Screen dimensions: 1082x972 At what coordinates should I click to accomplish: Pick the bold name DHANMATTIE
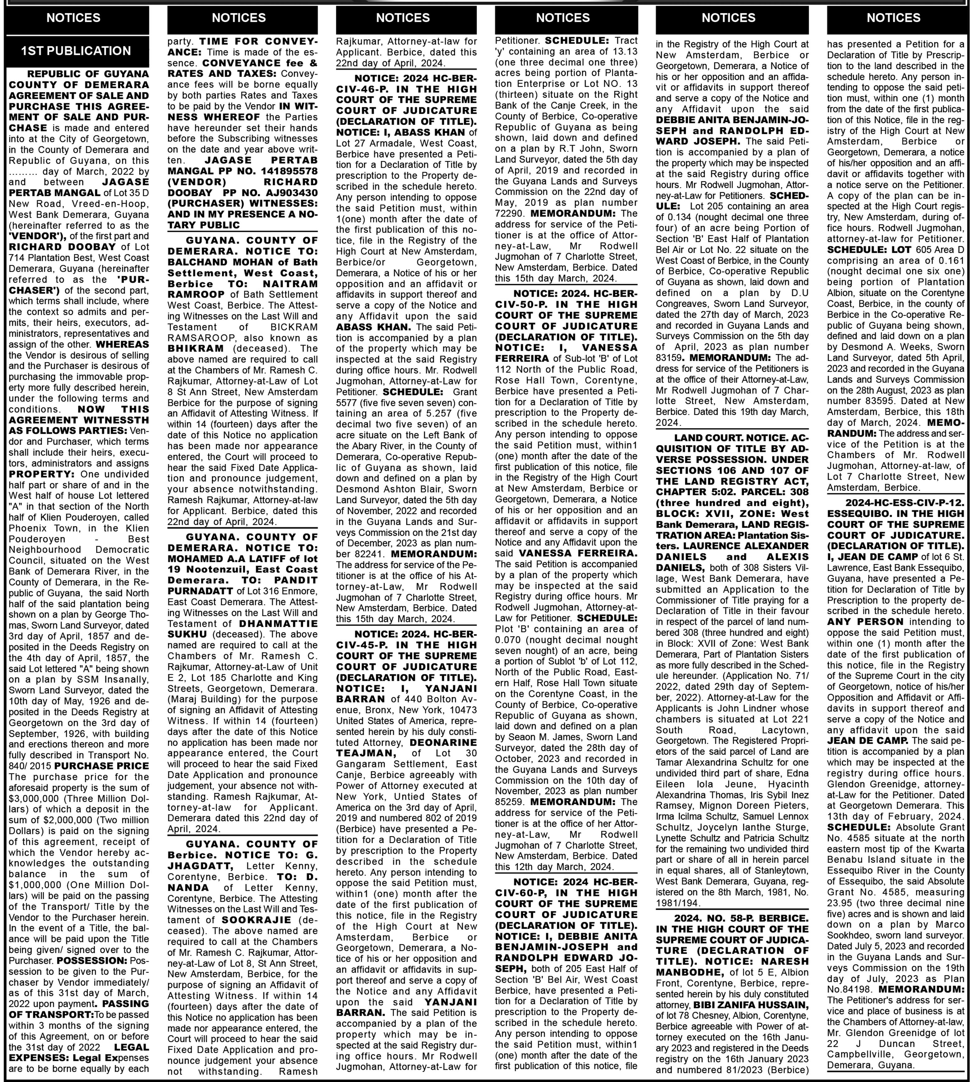click(x=278, y=623)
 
